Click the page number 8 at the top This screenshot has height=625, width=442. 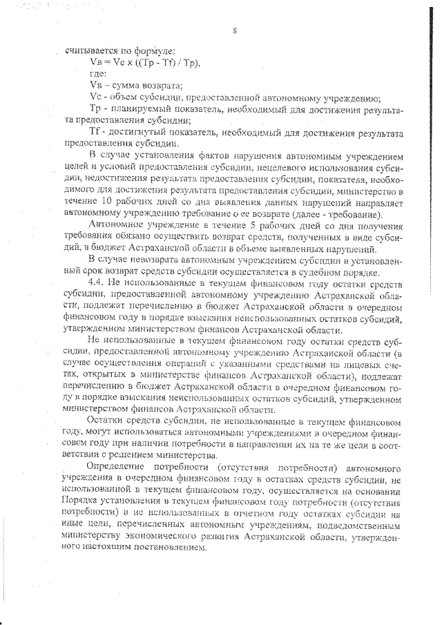pyautogui.click(x=236, y=30)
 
